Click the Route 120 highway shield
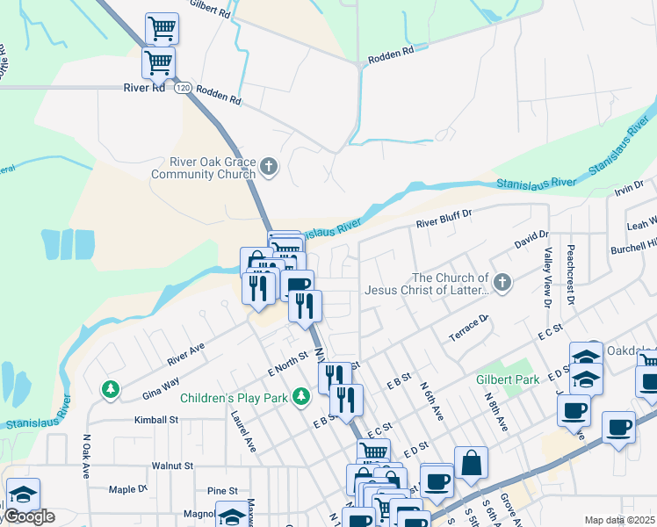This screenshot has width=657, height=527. (182, 88)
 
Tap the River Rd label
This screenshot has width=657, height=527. (144, 88)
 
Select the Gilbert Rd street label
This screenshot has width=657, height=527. (209, 10)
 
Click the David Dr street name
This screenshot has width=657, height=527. (531, 239)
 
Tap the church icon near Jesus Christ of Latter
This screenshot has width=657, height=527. (502, 282)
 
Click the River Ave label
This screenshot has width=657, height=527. (186, 352)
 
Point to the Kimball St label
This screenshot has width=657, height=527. (156, 420)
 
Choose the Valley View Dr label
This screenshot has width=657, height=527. (547, 278)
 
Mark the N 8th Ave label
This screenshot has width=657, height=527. (496, 409)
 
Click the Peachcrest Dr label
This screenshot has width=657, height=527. (571, 274)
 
